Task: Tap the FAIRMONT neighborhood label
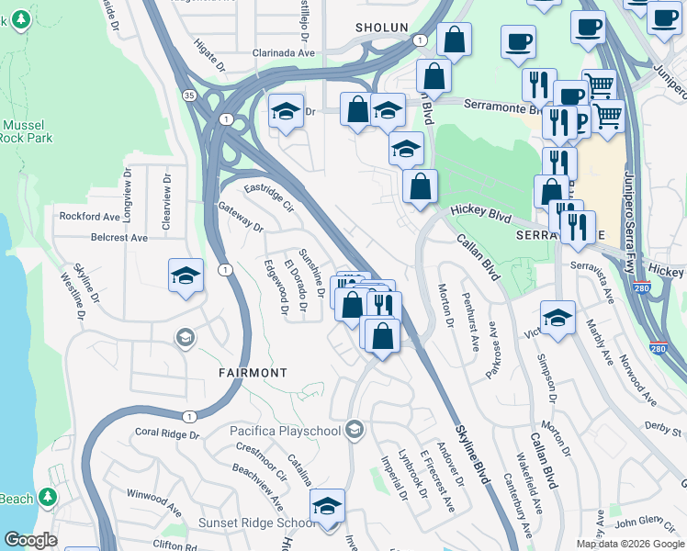253,373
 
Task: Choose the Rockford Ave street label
90,217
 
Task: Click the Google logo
31,540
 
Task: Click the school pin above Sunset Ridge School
326,507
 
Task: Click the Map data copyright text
629,544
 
